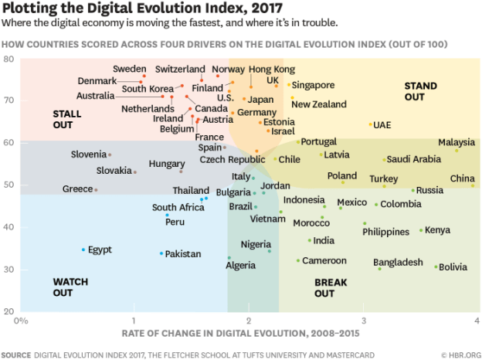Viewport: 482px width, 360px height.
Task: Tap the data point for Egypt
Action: click(x=83, y=250)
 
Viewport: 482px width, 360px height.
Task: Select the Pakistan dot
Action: click(x=161, y=253)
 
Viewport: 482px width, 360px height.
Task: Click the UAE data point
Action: click(x=371, y=124)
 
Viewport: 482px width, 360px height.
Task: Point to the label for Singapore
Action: click(x=313, y=85)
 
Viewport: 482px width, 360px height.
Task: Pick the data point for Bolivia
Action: click(x=436, y=267)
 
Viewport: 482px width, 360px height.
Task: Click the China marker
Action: click(x=473, y=185)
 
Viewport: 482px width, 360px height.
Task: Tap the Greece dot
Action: click(x=96, y=189)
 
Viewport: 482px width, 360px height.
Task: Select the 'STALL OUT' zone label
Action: click(x=67, y=119)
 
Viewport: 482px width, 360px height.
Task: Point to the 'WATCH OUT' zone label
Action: click(x=68, y=287)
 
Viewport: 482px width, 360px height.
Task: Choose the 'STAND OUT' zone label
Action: click(x=420, y=91)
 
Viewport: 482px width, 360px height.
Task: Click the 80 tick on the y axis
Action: click(x=9, y=59)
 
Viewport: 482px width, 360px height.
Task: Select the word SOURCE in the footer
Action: click(x=16, y=355)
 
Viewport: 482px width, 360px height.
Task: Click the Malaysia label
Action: click(x=456, y=142)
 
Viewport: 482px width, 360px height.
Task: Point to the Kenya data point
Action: click(x=421, y=230)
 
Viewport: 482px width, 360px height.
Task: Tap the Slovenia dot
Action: click(x=110, y=155)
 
